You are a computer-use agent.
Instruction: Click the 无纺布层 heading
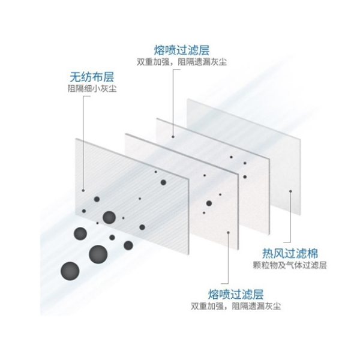tap(91, 77)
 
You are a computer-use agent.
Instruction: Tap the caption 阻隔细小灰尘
tap(91, 91)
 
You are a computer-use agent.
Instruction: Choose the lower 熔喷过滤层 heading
tap(236, 294)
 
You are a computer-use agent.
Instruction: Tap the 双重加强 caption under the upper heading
tap(182, 62)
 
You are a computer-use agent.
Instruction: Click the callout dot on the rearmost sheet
tap(290, 192)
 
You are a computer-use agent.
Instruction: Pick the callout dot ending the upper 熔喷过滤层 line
tap(173, 136)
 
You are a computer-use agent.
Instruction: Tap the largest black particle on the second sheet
tap(209, 202)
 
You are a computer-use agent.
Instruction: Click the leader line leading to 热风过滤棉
tap(290, 222)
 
